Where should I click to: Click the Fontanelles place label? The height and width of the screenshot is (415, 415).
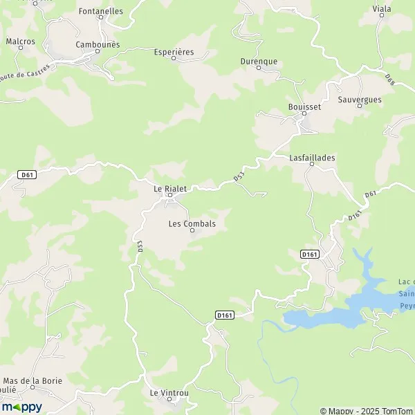[x=101, y=11]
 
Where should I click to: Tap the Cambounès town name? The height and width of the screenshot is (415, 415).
[x=98, y=44]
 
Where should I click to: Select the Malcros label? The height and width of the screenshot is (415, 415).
[x=21, y=41]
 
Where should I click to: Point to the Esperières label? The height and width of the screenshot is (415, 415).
[x=173, y=52]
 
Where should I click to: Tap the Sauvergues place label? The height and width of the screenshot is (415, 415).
[x=360, y=100]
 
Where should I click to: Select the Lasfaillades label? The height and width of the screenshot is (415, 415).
[x=312, y=158]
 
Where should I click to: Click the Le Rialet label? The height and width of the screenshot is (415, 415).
[x=170, y=187]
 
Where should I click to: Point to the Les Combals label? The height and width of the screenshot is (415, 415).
[x=192, y=224]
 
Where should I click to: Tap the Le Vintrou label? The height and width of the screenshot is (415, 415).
[x=169, y=393]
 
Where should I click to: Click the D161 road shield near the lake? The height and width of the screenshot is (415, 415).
[x=309, y=255]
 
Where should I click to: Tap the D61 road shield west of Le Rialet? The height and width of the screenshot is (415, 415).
[x=27, y=174]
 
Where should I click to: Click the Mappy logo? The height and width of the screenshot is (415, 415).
[x=21, y=407]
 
